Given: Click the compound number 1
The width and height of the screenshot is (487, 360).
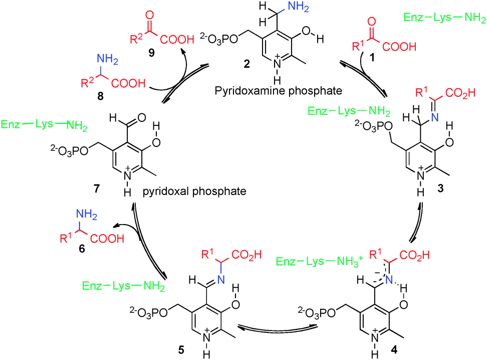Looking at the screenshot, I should point(371,59).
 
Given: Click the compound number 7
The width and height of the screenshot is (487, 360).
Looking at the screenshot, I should point(96,189).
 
